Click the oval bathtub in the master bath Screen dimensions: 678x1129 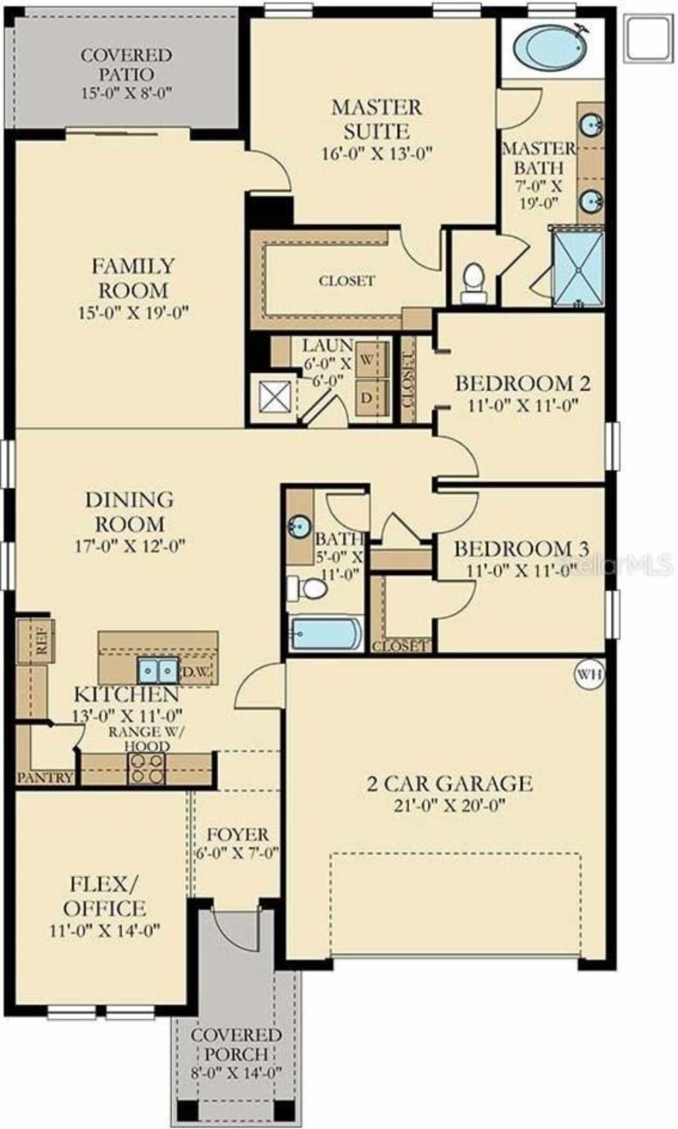point(551,48)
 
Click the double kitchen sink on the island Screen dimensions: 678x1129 point(158,671)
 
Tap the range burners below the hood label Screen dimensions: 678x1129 point(146,768)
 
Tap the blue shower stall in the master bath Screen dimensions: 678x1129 point(578,269)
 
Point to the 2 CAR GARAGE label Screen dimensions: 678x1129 point(450,783)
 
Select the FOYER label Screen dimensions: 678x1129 point(238,835)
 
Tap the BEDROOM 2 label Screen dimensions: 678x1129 point(523,383)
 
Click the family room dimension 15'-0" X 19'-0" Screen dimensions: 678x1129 point(133,312)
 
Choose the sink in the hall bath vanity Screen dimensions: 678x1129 point(298,526)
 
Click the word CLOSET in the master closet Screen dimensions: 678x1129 point(347,281)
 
